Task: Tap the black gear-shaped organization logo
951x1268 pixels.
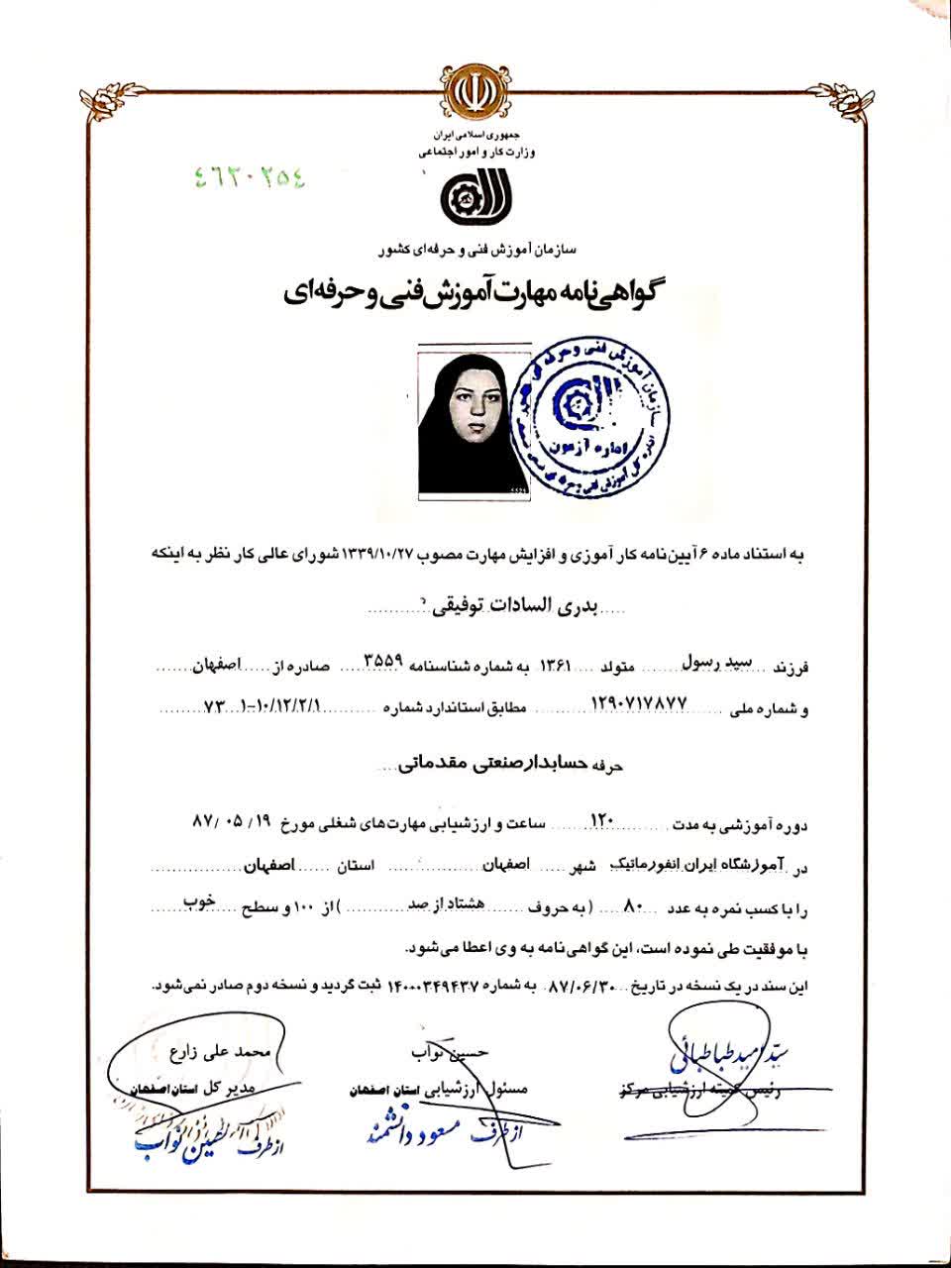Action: tap(475, 201)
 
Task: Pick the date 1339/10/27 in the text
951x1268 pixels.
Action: tap(384, 554)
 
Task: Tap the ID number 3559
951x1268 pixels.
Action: tap(383, 662)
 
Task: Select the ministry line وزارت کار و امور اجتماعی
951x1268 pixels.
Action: tap(475, 154)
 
